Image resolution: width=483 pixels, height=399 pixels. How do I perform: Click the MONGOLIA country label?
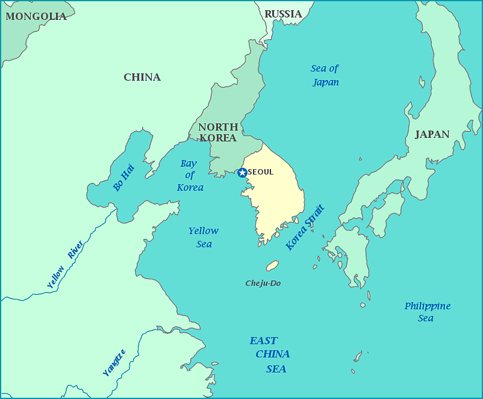[36, 16]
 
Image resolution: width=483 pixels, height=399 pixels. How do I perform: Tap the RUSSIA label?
[283, 14]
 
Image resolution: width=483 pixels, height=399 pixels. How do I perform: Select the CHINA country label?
[142, 77]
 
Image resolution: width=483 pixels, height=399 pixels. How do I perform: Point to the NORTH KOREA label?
[217, 132]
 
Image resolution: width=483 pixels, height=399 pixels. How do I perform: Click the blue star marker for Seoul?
[242, 173]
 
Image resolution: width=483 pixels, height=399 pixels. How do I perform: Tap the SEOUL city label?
[261, 172]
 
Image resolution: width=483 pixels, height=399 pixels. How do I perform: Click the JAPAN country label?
[432, 134]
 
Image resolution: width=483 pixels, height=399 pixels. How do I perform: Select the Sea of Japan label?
[325, 75]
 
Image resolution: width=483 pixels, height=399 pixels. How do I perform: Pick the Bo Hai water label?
[123, 178]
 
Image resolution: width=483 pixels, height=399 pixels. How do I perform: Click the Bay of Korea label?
[190, 175]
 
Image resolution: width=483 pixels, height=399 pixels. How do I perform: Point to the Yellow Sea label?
[204, 237]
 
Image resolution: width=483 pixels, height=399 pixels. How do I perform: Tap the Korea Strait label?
[305, 227]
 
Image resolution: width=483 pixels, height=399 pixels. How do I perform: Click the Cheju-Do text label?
[263, 283]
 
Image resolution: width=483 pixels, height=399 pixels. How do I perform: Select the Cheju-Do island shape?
[272, 265]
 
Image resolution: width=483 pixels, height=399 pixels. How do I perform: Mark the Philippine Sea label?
[427, 312]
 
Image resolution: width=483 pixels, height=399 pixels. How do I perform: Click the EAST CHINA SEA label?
[271, 354]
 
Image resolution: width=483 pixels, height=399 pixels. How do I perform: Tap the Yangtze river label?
[114, 363]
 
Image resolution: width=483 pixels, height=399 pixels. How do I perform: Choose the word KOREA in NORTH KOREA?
[217, 138]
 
